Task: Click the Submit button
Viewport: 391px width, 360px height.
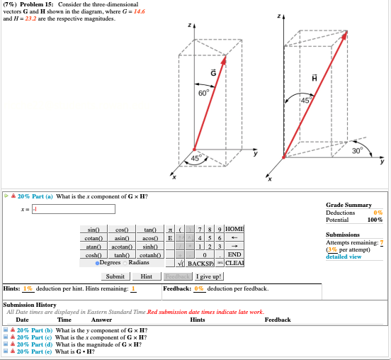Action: (x=114, y=276)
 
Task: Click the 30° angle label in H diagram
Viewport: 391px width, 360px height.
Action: (x=358, y=150)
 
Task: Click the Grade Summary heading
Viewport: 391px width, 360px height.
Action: (x=349, y=203)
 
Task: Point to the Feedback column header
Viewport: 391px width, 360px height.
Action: (x=277, y=320)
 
